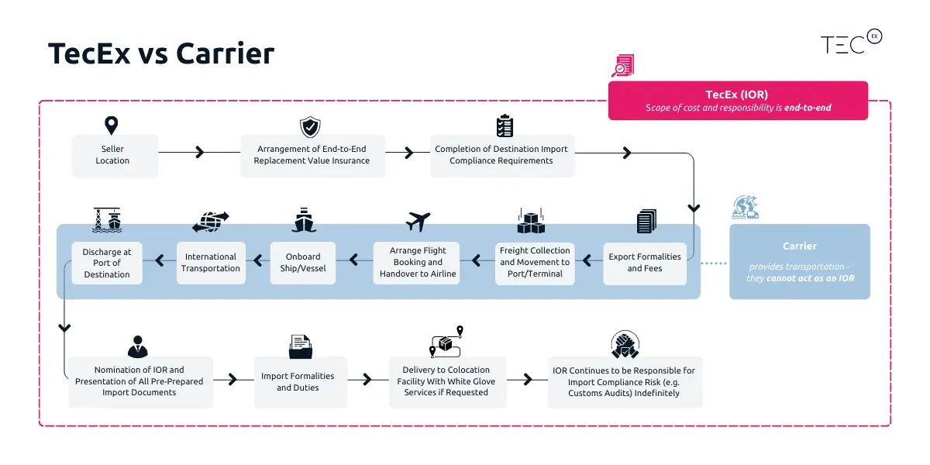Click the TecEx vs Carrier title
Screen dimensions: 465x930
(x=161, y=54)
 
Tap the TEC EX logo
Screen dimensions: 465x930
(x=850, y=43)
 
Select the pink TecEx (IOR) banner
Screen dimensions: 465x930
(x=737, y=101)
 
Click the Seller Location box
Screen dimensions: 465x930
(x=112, y=155)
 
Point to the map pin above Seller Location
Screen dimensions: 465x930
(x=112, y=126)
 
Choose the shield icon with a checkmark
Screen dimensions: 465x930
(x=310, y=127)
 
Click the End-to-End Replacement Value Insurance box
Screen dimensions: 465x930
(x=312, y=155)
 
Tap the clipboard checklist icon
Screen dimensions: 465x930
(x=505, y=126)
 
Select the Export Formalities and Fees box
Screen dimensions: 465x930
(x=644, y=263)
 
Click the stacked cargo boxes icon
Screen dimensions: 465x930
(x=531, y=222)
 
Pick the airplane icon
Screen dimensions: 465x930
(x=418, y=222)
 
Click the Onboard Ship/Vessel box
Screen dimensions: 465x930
(x=303, y=263)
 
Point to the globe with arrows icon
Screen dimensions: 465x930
(x=210, y=222)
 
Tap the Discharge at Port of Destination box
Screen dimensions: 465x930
(x=107, y=263)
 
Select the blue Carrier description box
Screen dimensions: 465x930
(x=799, y=261)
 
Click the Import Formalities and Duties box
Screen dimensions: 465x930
(x=298, y=382)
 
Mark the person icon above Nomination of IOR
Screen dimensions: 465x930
(x=138, y=346)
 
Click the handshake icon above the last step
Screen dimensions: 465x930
(x=624, y=345)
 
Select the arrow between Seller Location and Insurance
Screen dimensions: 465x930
(x=199, y=153)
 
